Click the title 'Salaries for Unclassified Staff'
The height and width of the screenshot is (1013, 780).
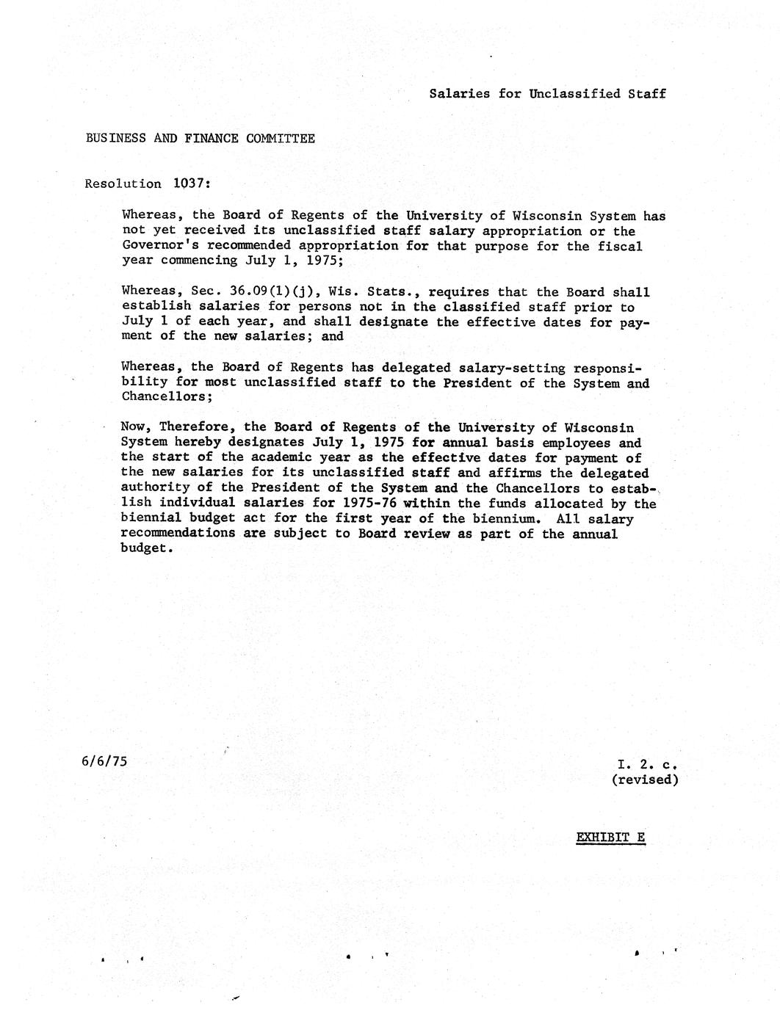click(547, 93)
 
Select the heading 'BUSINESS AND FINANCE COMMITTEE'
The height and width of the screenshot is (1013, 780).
click(200, 138)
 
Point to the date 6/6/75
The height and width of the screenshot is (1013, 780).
click(105, 760)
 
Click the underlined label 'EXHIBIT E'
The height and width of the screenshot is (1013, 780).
click(610, 837)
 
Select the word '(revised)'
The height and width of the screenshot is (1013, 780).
click(644, 780)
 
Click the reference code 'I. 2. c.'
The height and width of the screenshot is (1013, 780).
click(646, 764)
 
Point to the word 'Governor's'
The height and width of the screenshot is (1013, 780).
click(155, 245)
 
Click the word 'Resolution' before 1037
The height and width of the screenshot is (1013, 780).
click(123, 184)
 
